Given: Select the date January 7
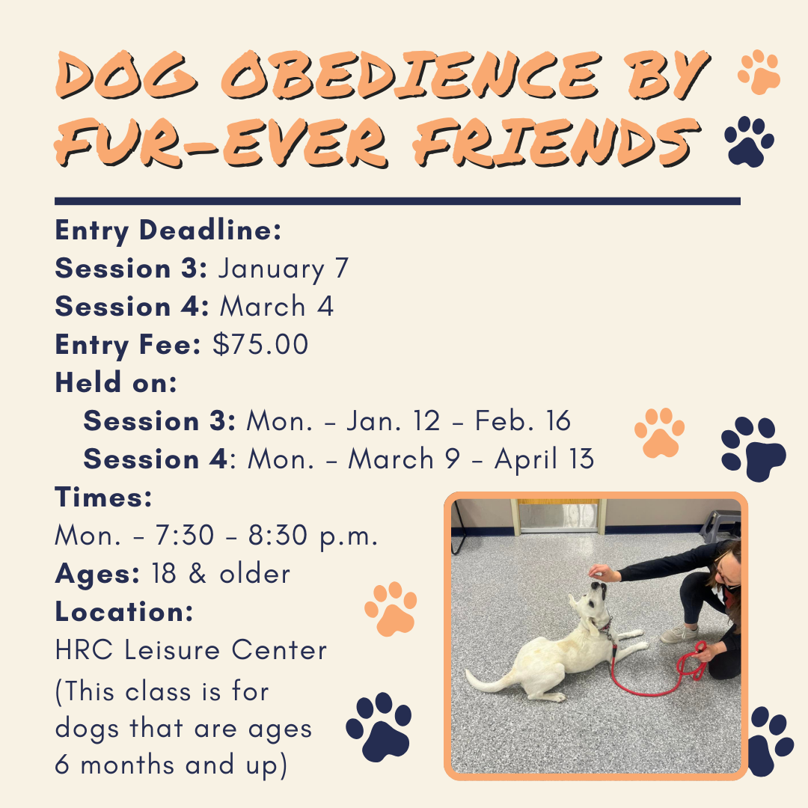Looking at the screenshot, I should click(x=284, y=268).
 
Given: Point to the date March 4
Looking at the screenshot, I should click(x=277, y=307).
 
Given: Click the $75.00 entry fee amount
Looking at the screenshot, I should click(x=260, y=345).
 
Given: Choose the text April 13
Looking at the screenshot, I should click(x=544, y=459).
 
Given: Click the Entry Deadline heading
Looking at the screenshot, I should click(x=168, y=230).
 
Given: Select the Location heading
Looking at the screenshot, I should click(x=124, y=612).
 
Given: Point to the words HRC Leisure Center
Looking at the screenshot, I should click(x=192, y=650).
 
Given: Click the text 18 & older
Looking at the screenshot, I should click(x=221, y=574).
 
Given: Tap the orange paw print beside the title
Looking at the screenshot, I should click(x=759, y=72).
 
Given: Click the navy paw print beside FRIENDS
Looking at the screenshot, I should click(x=750, y=141).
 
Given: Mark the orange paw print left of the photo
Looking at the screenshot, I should click(x=391, y=609).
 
